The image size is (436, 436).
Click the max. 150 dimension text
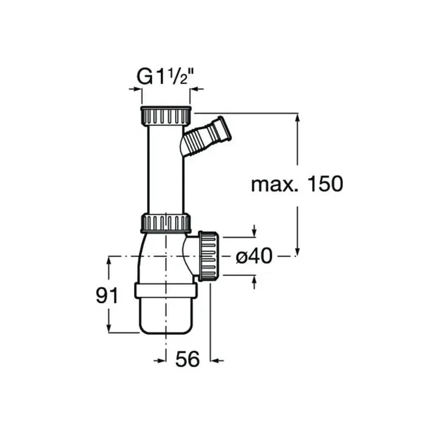point(297,183)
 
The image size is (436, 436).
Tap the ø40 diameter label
point(254,257)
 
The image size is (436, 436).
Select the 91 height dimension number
point(108,296)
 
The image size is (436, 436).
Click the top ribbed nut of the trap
point(166,116)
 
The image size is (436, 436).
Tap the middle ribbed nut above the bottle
point(166,223)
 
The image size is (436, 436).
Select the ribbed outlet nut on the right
point(208,256)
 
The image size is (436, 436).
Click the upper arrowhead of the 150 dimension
point(298,117)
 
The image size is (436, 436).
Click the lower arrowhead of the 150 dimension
point(298,252)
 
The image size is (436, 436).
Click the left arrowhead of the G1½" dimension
point(137,89)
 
